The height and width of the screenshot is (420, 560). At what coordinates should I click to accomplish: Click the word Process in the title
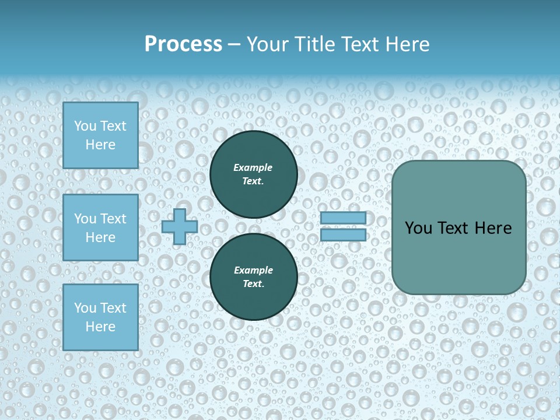click(183, 44)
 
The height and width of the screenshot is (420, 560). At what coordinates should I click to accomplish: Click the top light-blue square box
click(100, 135)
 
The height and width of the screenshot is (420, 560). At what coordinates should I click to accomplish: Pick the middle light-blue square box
click(100, 228)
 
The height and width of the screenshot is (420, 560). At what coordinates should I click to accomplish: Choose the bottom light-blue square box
click(100, 317)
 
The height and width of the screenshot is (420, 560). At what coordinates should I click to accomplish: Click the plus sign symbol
click(180, 227)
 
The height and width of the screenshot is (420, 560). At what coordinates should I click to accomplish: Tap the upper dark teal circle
click(253, 174)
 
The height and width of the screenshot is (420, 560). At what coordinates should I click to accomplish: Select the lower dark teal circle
click(253, 277)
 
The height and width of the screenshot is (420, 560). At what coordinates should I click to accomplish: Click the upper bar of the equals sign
click(343, 218)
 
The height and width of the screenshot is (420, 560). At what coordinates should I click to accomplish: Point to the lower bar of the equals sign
click(343, 235)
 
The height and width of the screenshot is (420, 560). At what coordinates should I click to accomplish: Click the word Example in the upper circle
click(253, 167)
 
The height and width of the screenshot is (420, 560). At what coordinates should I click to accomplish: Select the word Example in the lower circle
click(253, 270)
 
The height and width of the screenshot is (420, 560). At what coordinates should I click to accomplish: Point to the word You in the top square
click(85, 126)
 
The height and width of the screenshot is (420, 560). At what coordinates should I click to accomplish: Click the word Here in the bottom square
click(100, 327)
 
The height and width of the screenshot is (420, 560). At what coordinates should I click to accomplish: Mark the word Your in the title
click(265, 44)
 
